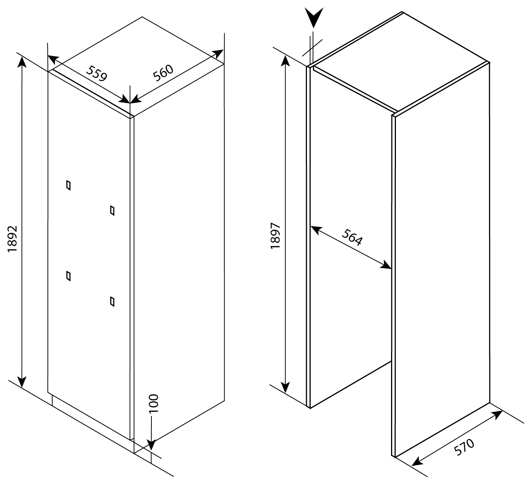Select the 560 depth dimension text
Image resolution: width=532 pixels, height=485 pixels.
click(163, 73)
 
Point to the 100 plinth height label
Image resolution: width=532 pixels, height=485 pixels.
click(154, 403)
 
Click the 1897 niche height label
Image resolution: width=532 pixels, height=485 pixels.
click(276, 236)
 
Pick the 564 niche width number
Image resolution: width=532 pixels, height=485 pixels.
click(352, 237)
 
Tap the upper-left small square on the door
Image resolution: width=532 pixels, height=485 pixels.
click(68, 185)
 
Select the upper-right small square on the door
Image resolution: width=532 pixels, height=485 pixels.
click(112, 211)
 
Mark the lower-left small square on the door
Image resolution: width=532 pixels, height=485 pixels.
click(68, 276)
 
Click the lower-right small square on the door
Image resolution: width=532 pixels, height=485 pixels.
click(112, 302)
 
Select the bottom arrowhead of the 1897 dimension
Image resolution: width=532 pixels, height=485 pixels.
click(285, 386)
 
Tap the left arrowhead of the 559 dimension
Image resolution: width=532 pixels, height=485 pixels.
click(53, 59)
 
